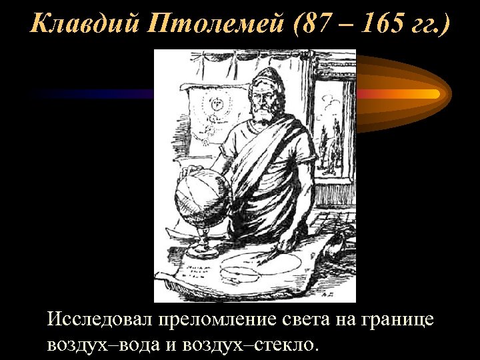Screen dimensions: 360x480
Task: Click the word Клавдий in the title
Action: pyautogui.click(x=73, y=25)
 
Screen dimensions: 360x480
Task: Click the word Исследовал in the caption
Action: pyautogui.click(x=99, y=319)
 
